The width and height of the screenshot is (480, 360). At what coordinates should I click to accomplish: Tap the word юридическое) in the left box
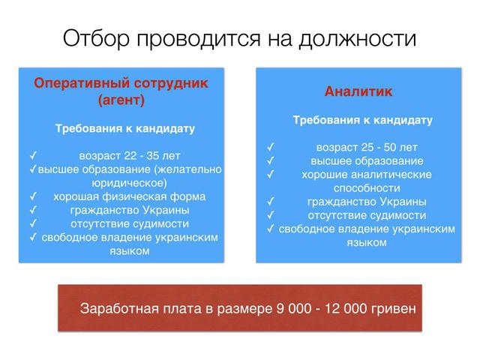pyautogui.click(x=128, y=183)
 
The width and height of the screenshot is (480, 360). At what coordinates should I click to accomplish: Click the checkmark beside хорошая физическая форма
pyautogui.click(x=33, y=196)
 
